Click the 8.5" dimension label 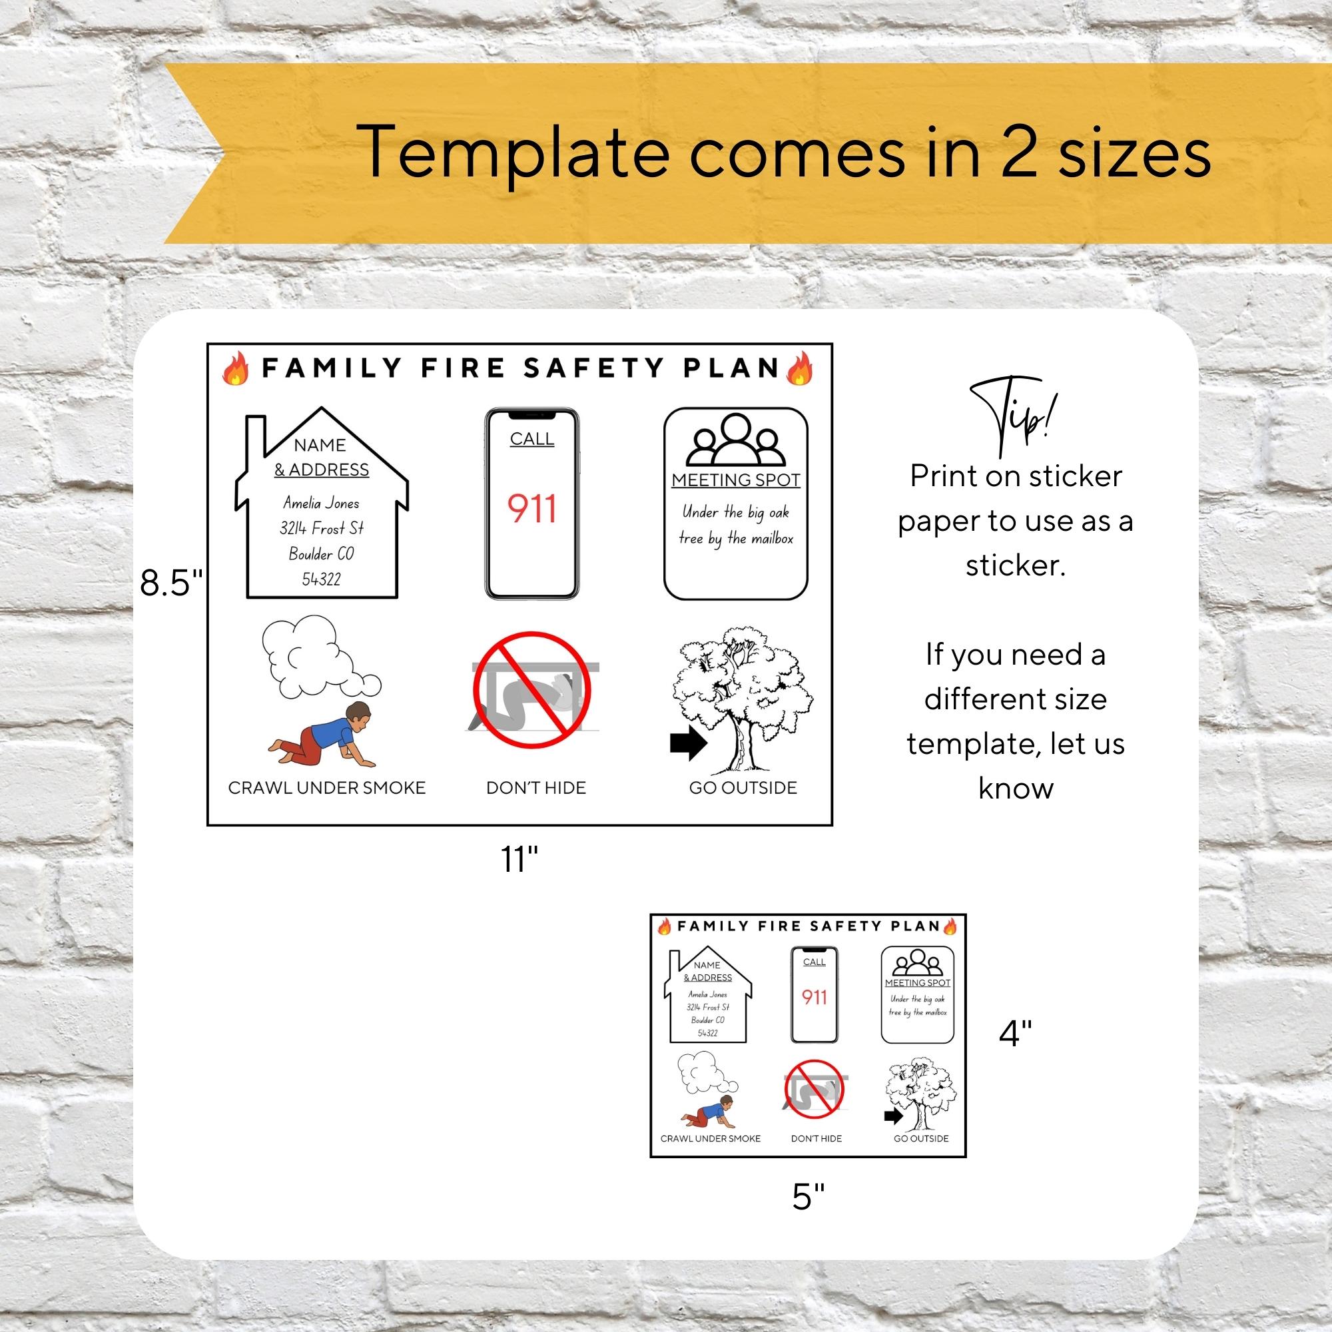(172, 583)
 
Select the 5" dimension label (808, 1196)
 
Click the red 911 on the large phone (531, 509)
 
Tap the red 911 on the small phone (814, 997)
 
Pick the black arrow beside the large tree (688, 744)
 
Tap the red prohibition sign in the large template (531, 689)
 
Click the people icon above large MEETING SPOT (735, 438)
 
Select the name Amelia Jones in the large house (321, 503)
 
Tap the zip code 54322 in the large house (321, 579)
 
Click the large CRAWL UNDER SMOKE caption (327, 787)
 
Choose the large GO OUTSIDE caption (743, 787)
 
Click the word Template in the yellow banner (514, 153)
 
